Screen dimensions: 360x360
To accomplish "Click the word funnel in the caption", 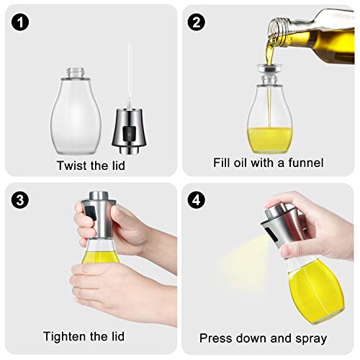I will point(307,163).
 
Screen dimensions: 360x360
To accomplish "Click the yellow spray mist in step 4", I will point(230,248).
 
